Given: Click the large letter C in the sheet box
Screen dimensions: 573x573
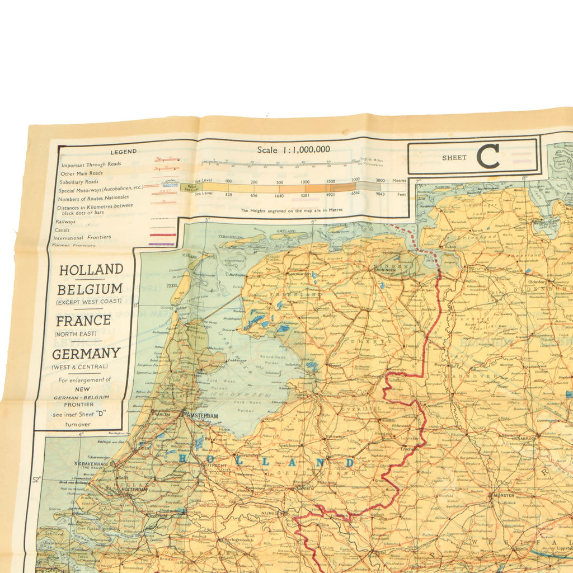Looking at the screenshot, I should [487, 156].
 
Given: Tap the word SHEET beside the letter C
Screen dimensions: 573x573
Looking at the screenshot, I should [454, 158].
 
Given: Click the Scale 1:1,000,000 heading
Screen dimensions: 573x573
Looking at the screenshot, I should [293, 149].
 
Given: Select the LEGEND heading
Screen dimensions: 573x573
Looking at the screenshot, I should [123, 152].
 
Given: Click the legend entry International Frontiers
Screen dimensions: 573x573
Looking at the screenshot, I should [86, 237].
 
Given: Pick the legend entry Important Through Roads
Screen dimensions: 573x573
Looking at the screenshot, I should [91, 165].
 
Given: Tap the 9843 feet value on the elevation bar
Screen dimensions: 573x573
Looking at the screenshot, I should [381, 194].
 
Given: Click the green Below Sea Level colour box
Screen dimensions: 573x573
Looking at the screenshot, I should [187, 187].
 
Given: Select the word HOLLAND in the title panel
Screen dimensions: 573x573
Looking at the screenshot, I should [91, 270].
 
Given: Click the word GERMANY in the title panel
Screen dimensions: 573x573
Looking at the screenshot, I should [86, 354].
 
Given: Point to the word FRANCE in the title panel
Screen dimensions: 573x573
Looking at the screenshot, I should [83, 321].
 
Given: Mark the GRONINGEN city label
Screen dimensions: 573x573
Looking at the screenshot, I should [382, 268].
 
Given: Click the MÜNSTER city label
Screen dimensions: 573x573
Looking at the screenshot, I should [504, 495].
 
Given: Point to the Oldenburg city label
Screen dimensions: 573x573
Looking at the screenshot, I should [537, 282].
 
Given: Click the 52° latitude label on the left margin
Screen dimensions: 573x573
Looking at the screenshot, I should [37, 479].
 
